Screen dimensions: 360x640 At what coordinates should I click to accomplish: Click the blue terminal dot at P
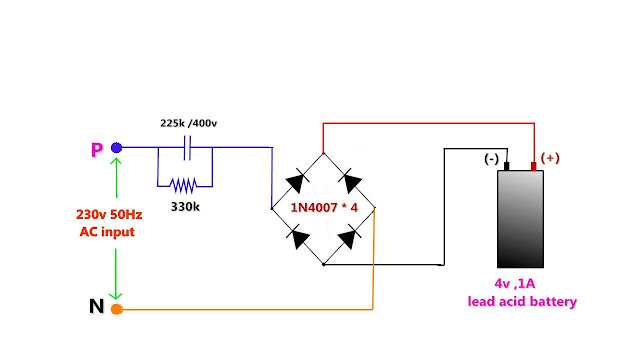pyautogui.click(x=117, y=148)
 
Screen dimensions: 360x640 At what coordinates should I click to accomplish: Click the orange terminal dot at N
pyautogui.click(x=117, y=309)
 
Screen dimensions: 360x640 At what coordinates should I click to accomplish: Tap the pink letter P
pyautogui.click(x=97, y=150)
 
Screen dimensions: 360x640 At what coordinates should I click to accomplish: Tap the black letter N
pyautogui.click(x=97, y=307)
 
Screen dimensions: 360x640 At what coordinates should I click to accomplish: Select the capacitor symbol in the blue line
pyautogui.click(x=187, y=148)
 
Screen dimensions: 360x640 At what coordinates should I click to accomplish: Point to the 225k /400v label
pyautogui.click(x=188, y=123)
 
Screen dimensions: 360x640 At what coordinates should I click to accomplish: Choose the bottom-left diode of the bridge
pyautogui.click(x=297, y=237)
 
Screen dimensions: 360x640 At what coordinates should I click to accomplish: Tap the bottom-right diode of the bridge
pyautogui.click(x=349, y=237)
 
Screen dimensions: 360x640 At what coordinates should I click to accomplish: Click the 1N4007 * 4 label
pyautogui.click(x=323, y=208)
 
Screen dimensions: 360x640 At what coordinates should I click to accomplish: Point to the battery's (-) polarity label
pyautogui.click(x=491, y=159)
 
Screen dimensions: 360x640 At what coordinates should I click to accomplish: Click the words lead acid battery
pyautogui.click(x=521, y=301)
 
